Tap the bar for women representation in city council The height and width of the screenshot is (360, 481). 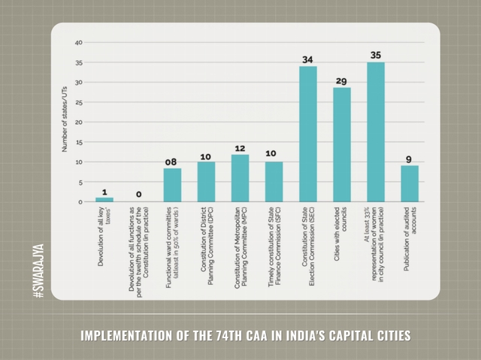pyautogui.click(x=376, y=132)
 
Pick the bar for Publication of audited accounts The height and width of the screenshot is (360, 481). pyautogui.click(x=410, y=183)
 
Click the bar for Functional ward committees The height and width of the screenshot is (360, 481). pyautogui.click(x=172, y=185)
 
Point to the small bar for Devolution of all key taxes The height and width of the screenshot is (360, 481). pyautogui.click(x=104, y=199)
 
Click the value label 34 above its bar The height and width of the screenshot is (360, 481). pyautogui.click(x=308, y=59)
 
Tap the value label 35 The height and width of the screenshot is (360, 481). pyautogui.click(x=376, y=56)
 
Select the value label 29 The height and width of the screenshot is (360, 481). pyautogui.click(x=341, y=80)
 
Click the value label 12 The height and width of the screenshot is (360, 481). pyautogui.click(x=240, y=148)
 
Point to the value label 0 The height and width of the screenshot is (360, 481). pyautogui.click(x=138, y=195)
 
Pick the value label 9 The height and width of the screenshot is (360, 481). pyautogui.click(x=410, y=159)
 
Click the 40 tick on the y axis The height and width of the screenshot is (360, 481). pyautogui.click(x=79, y=43)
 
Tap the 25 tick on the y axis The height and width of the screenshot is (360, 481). pyautogui.click(x=79, y=102)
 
